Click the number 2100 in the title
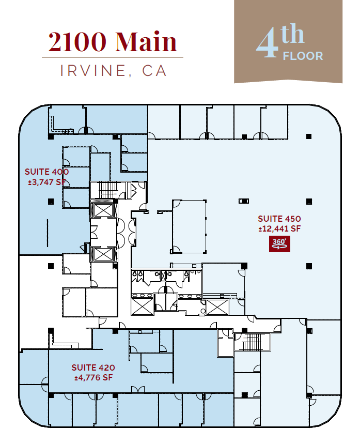tap(79, 42)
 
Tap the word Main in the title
tap(146, 42)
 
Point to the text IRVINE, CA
tap(114, 71)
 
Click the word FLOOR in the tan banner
tap(303, 56)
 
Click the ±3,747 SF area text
tap(46, 181)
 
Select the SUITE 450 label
tap(279, 219)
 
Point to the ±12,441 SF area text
tap(279, 228)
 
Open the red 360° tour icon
tap(279, 243)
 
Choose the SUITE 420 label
tap(93, 368)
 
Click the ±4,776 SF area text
tap(93, 377)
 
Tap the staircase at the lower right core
tap(253, 342)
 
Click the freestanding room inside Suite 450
tap(189, 226)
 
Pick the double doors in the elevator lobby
tap(126, 232)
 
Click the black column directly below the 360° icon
tap(309, 266)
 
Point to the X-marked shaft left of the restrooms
tap(142, 306)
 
